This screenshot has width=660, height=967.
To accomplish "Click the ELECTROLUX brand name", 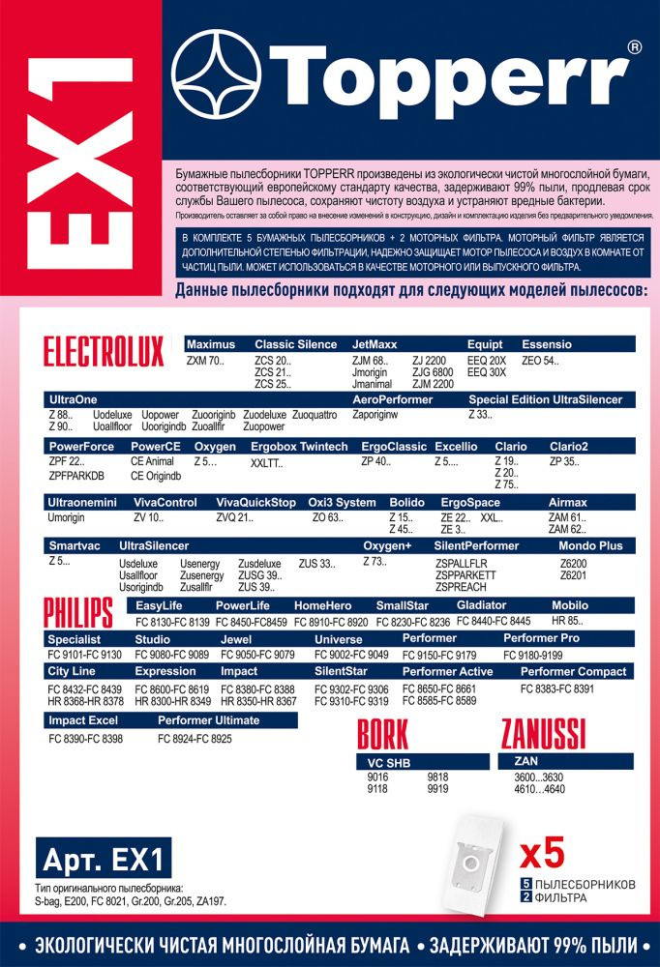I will (x=104, y=350).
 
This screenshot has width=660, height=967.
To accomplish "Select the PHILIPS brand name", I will (x=83, y=612).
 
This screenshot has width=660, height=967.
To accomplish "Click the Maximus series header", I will (x=212, y=344).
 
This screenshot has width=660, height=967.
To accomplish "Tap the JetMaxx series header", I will (x=375, y=344).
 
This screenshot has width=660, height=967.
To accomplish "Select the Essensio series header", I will (x=547, y=344).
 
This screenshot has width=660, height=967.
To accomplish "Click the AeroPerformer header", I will (x=392, y=399).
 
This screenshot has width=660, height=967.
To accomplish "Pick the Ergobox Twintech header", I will (x=299, y=447).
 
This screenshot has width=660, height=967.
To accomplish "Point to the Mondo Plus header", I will (x=590, y=546).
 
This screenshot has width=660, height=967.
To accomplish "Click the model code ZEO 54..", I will (x=539, y=361).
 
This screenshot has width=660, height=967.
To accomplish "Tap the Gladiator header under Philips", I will (x=481, y=605).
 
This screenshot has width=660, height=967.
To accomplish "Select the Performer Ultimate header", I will (x=209, y=720).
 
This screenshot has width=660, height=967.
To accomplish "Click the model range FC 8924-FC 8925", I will (x=195, y=739).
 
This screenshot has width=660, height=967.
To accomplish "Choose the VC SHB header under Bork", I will (x=384, y=761).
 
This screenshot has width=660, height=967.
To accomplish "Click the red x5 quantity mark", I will (x=541, y=852).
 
